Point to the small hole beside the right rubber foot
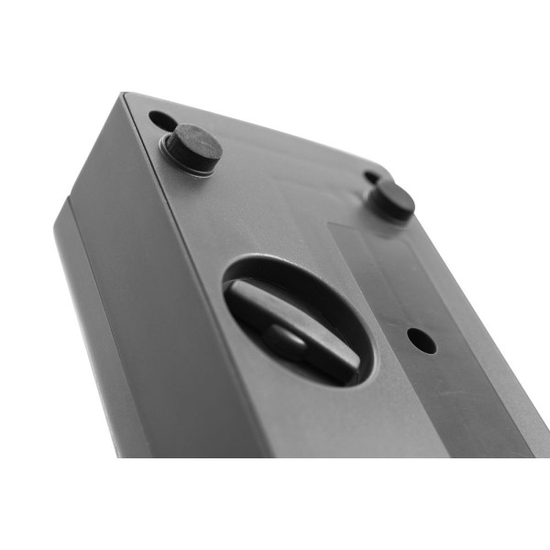[371, 177]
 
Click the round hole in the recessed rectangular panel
[421, 340]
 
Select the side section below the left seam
[101, 348]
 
